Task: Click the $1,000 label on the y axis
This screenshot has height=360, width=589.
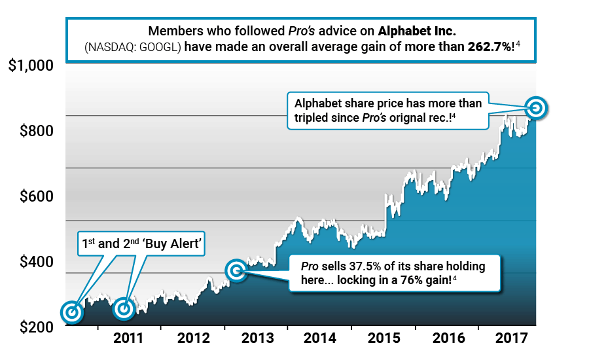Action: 31,66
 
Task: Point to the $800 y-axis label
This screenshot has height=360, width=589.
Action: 36,131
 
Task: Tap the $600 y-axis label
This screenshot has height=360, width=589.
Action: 36,196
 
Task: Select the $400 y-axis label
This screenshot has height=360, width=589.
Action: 36,262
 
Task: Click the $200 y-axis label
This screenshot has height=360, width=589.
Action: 36,327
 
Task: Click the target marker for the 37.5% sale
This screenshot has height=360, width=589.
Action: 236,270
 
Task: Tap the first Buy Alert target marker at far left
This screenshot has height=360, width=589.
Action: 72,313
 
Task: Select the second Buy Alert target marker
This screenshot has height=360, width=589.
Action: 123,308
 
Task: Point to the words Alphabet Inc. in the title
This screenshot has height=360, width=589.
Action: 414,31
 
